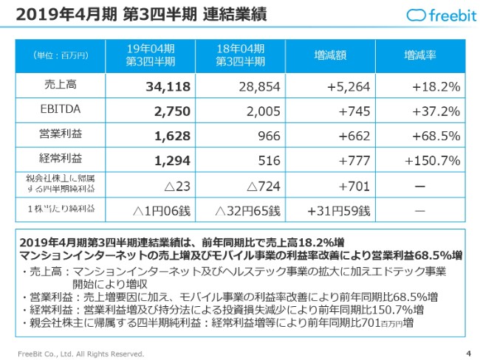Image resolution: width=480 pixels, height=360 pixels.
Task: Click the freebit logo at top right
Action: [439, 15]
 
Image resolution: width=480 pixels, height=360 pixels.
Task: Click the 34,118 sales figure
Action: [165, 86]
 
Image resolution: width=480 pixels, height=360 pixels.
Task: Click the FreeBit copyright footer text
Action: [81, 353]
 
